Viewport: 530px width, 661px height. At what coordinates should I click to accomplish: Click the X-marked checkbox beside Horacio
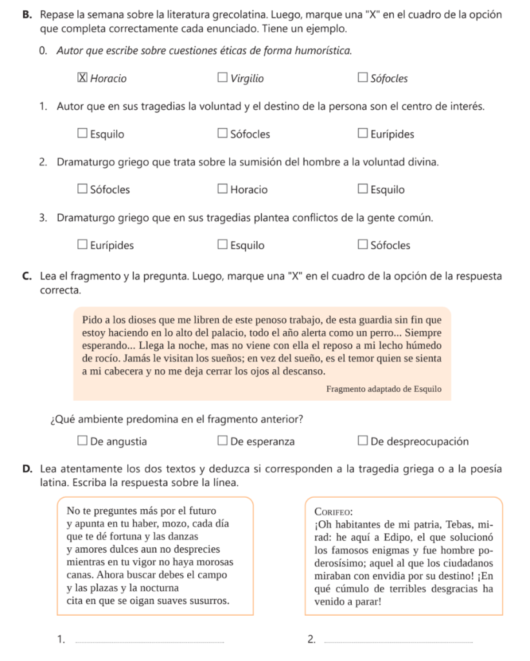[83, 79]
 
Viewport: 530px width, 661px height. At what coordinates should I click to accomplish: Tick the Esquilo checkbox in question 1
[83, 134]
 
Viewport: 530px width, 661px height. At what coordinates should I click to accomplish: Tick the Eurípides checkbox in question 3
[83, 245]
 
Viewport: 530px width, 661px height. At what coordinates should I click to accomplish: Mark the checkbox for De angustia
[83, 442]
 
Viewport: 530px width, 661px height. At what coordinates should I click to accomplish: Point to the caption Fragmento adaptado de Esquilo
[383, 389]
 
